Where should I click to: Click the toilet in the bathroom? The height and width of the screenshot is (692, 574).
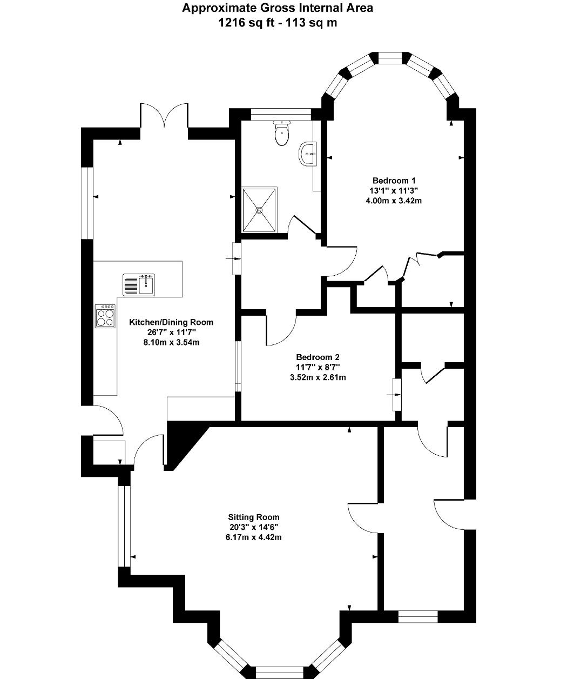282,133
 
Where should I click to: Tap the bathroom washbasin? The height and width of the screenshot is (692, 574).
308,154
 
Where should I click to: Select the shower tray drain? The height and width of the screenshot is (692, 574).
259,209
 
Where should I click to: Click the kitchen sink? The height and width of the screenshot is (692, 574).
139,284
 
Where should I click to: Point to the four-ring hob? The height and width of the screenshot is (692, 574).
105,316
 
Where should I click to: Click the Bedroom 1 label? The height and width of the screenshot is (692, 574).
394,181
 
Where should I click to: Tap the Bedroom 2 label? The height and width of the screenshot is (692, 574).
318,357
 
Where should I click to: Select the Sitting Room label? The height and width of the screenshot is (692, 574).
254,517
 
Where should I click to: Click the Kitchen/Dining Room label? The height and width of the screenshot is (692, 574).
171,322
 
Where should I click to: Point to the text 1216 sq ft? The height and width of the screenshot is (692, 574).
246,23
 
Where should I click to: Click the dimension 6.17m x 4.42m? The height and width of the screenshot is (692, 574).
254,537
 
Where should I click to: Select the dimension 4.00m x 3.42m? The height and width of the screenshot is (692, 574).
394,201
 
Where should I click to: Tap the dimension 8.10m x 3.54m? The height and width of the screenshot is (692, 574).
171,342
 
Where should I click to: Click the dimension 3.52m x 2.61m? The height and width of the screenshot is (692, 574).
318,377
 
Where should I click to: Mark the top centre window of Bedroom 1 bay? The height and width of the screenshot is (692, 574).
390,58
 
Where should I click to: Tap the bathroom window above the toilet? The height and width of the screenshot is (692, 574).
281,114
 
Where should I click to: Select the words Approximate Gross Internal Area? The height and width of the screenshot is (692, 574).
278,8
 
